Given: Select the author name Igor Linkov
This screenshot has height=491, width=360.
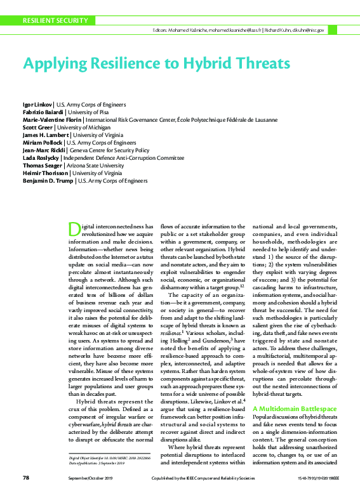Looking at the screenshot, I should pyautogui.click(x=37, y=103).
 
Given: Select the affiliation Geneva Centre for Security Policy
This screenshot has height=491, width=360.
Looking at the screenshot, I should pyautogui.click(x=119, y=150).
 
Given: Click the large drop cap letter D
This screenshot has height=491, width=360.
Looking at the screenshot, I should pyautogui.click(x=73, y=229).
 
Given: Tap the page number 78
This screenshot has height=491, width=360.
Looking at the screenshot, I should pyautogui.click(x=26, y=477).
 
